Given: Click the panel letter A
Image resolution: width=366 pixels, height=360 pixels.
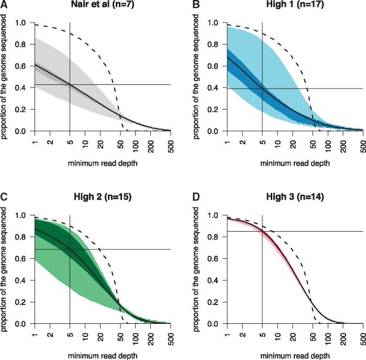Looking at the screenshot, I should (4, 5).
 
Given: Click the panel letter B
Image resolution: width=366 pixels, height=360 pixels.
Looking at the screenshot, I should (196, 5).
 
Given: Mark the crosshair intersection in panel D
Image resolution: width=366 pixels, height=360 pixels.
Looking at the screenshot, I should (262, 231).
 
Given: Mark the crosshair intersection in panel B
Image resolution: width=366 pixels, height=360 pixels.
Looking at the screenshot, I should (262, 88).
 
